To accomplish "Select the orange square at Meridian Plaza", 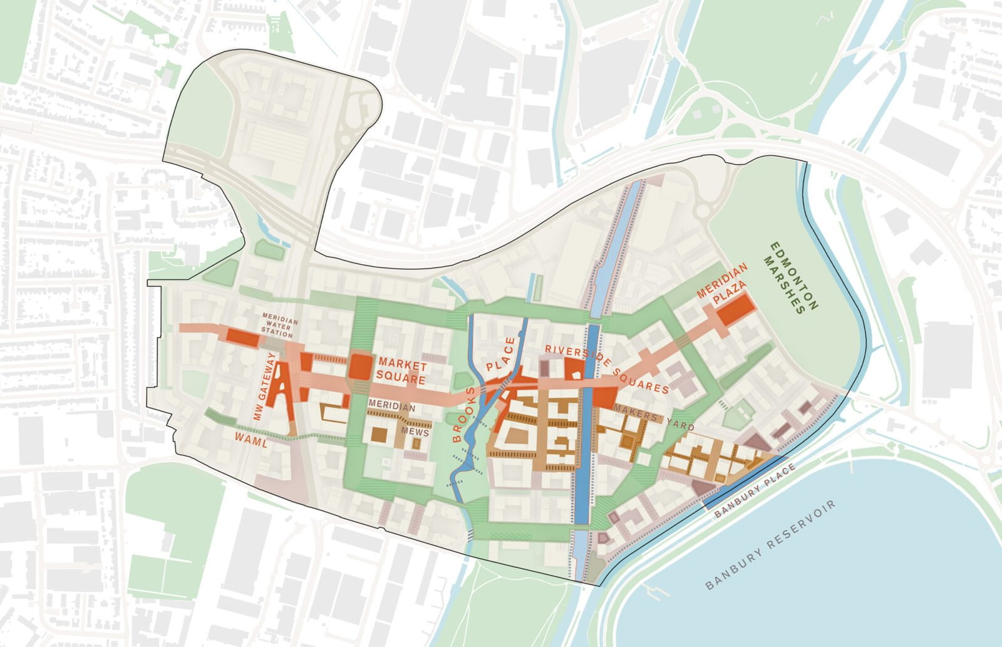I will coord(735,309).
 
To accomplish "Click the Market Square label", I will coord(401,373).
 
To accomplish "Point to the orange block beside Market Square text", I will coord(360,366).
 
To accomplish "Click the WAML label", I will coord(251,442).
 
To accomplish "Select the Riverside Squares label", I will coord(606,369).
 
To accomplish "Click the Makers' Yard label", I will coord(654,418).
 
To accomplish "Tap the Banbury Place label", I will coord(756,490).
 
